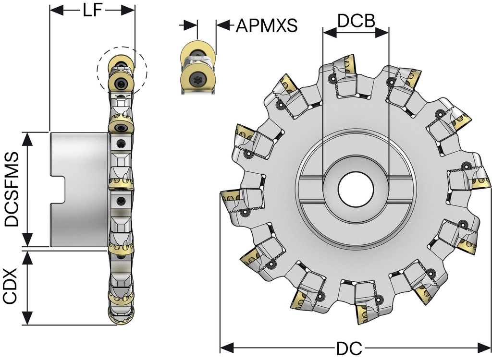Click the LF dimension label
pyautogui.click(x=93, y=11)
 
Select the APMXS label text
pyautogui.click(x=266, y=26)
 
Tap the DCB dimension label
pyautogui.click(x=356, y=22)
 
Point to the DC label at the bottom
pyautogui.click(x=349, y=349)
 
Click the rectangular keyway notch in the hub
pyautogui.click(x=59, y=189)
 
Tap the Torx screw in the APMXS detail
pyautogui.click(x=197, y=79)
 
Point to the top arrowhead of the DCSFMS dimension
pyautogui.click(x=28, y=138)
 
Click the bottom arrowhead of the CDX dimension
pyautogui.click(x=28, y=319)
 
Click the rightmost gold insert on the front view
pyautogui.click(x=480, y=183)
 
